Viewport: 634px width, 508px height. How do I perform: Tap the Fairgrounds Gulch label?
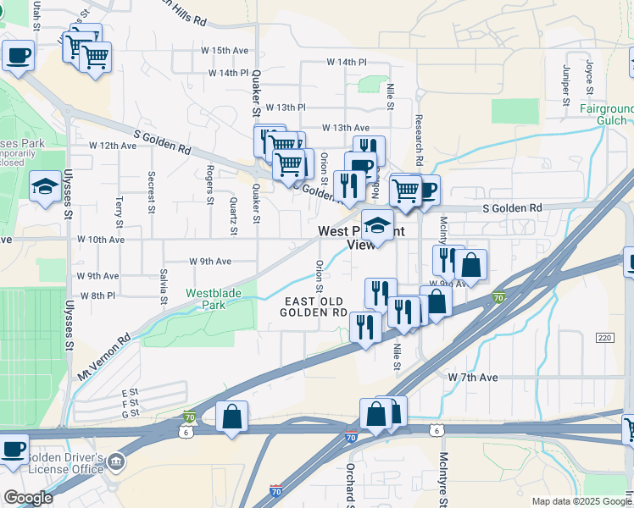pyautogui.click(x=607, y=115)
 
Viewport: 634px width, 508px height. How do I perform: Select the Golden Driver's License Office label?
pyautogui.click(x=65, y=463)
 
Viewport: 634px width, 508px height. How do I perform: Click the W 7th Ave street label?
pyautogui.click(x=472, y=376)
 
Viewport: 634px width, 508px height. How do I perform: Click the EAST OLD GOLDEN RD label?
pyautogui.click(x=314, y=307)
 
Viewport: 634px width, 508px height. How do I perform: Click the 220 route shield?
pyautogui.click(x=603, y=338)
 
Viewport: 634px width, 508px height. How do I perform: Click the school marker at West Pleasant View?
pyautogui.click(x=377, y=225)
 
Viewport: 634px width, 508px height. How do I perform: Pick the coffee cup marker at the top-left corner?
pyautogui.click(x=17, y=56)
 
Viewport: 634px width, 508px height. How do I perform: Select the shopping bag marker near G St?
pyautogui.click(x=231, y=417)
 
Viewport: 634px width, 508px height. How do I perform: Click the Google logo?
pyautogui.click(x=27, y=497)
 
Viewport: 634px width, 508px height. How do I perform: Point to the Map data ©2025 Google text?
pyautogui.click(x=581, y=501)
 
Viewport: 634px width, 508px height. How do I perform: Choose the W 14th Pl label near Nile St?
pyautogui.click(x=347, y=63)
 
